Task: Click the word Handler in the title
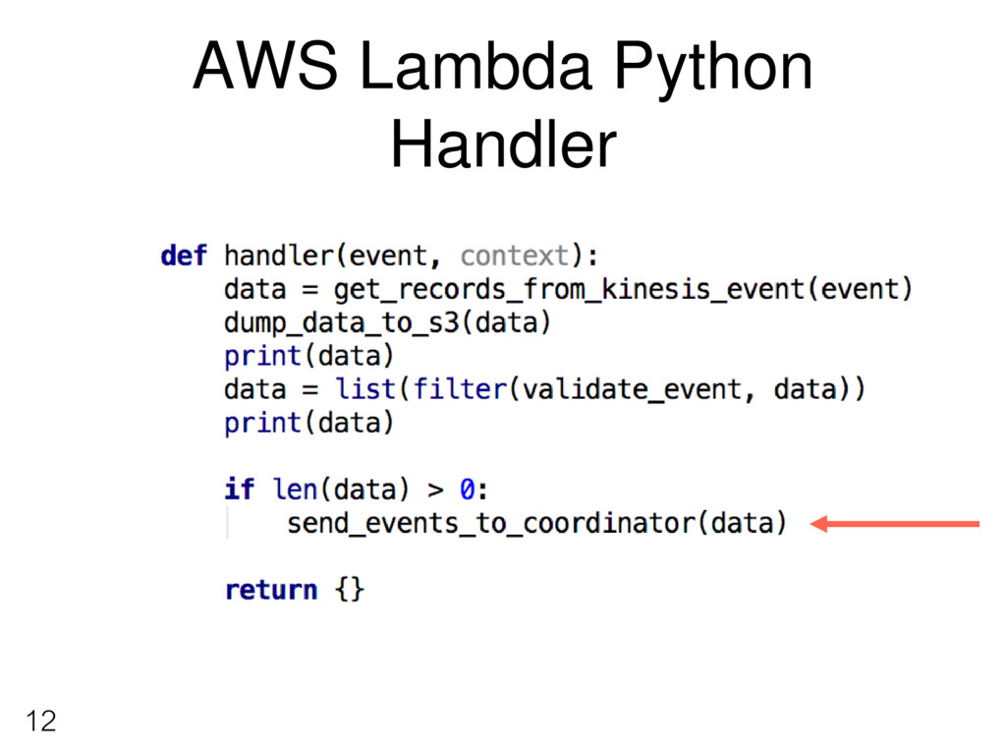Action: point(503,145)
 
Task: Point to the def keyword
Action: point(184,256)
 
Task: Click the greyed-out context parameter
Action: point(515,257)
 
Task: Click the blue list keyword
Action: point(365,389)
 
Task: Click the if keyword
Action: point(239,489)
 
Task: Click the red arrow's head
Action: point(821,524)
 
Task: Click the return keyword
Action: point(271,590)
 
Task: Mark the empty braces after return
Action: point(350,590)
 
